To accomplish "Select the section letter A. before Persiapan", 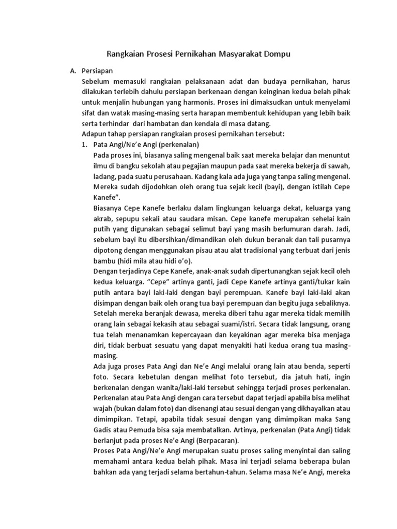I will tap(73, 71).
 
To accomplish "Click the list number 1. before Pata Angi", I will tap(86, 144).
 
